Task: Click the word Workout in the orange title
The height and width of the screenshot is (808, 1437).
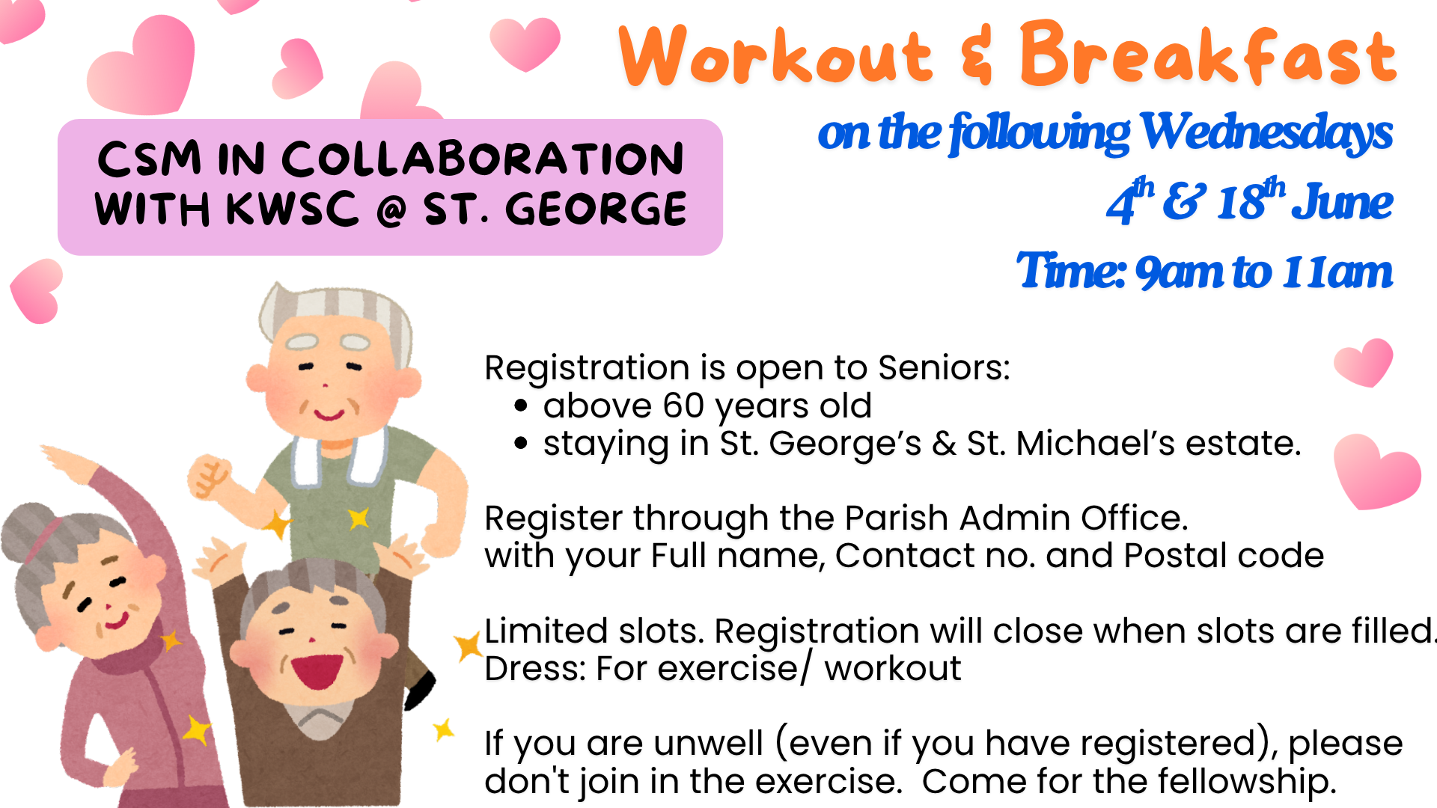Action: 776,55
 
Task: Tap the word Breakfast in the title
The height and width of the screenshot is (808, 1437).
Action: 1208,54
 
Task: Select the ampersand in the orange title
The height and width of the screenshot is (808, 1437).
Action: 977,54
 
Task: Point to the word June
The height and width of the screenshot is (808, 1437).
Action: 1346,202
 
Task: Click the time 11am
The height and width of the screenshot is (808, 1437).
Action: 1337,272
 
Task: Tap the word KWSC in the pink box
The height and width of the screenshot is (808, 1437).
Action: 293,209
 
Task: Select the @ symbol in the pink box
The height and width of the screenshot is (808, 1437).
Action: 391,211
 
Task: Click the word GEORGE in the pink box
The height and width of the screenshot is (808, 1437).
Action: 596,209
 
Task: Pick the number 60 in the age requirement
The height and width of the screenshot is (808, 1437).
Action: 683,405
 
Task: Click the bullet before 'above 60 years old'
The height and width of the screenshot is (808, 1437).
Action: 522,406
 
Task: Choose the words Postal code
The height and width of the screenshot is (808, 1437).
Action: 1224,555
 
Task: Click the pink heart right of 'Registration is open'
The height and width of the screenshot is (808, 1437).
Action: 1364,363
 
